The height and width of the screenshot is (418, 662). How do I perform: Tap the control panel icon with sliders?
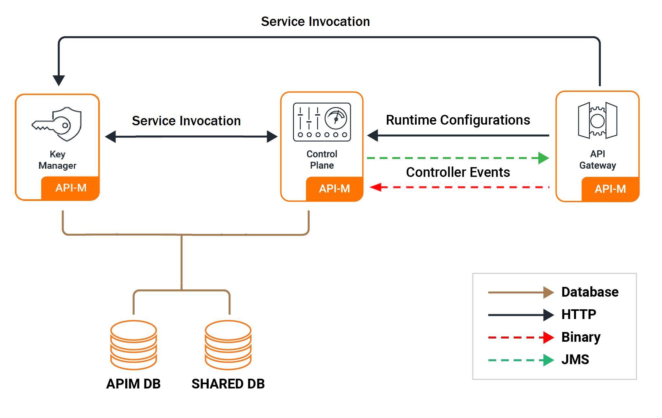[322, 122]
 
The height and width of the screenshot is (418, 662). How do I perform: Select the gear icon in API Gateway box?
[597, 121]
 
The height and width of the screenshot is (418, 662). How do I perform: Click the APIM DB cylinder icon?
[133, 345]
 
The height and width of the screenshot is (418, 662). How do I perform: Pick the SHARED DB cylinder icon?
[228, 345]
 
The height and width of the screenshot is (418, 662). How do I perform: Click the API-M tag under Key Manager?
[70, 188]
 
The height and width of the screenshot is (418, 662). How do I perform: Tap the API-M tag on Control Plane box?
[334, 189]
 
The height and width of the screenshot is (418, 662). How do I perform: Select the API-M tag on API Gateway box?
[610, 189]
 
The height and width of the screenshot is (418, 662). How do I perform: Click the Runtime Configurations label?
[458, 120]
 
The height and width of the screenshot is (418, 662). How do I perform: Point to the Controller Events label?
[458, 172]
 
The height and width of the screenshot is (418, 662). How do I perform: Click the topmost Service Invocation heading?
[315, 22]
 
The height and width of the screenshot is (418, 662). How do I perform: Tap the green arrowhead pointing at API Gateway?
[543, 158]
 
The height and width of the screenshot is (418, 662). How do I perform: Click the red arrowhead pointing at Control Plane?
[375, 187]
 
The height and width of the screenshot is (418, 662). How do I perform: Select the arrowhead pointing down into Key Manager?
[59, 80]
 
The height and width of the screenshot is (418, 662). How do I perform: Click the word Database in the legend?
[590, 292]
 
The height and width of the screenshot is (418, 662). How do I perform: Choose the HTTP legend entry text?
[579, 314]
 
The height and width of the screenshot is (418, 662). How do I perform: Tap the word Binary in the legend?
[581, 337]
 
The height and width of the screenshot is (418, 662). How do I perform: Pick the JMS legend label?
[575, 360]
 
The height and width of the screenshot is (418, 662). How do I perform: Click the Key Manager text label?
[57, 160]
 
